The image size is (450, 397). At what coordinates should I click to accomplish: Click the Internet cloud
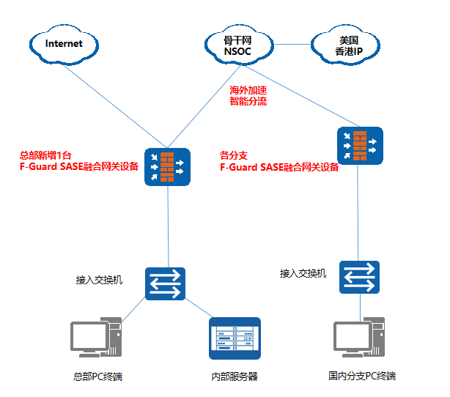coord(64,44)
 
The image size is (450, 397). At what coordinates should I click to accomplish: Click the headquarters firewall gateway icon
coord(167,167)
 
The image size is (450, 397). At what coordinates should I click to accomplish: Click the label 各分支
coord(234,155)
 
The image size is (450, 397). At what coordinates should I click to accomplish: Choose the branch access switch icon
coord(360,277)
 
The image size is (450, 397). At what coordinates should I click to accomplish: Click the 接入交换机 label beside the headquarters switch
coord(99,280)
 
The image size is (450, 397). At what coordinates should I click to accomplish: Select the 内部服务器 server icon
coord(235,339)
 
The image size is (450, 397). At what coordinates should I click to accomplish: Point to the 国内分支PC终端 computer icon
coord(359,340)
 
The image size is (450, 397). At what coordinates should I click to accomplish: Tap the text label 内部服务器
coord(235,377)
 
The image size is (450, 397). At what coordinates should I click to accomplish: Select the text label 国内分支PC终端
coord(362,376)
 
